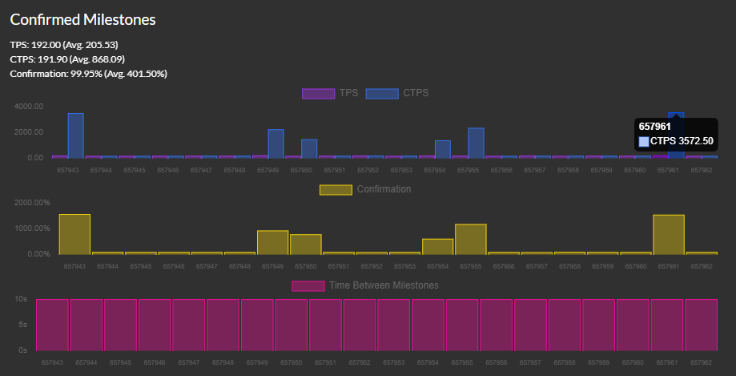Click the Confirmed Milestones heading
pos(83,19)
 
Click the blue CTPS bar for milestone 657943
pos(76,135)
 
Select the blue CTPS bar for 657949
pos(276,144)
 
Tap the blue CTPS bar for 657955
pos(476,143)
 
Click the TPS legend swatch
pos(318,93)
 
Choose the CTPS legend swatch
pos(381,93)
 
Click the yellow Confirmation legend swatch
pos(336,189)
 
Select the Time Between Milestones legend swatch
pos(308,285)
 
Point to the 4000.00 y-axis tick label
pos(29,106)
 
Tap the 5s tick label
pos(22,325)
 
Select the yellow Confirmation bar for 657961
pos(669,234)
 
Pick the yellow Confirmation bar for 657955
pos(471,239)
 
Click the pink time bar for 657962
pos(701,325)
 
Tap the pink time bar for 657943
pos(52,325)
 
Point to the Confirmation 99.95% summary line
pos(88,74)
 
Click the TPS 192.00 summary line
pos(64,45)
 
